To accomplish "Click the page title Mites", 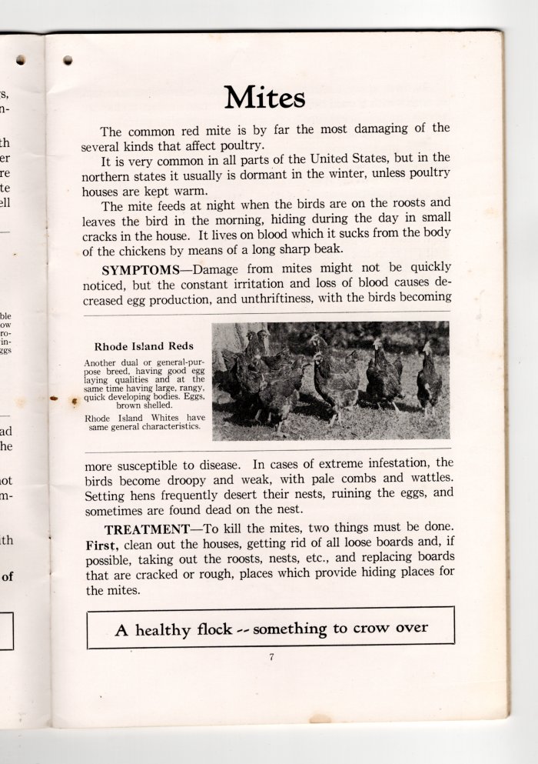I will [265, 98].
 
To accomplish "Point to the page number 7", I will [271, 656].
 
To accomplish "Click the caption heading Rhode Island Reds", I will [144, 346].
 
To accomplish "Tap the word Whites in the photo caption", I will [165, 418].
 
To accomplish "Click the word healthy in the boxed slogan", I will [164, 630].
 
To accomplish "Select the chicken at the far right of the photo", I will [429, 380].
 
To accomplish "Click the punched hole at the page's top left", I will [68, 59].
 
